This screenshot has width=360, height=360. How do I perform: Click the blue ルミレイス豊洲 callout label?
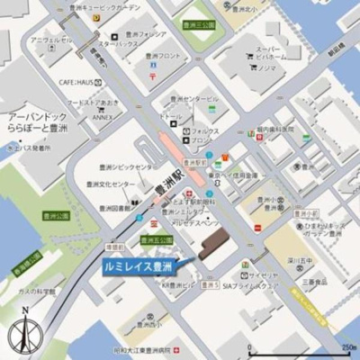(x=137, y=266)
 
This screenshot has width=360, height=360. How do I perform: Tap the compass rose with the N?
(x=23, y=333)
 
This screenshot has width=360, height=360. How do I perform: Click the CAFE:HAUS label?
(x=77, y=80)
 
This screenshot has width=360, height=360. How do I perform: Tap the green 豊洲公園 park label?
(x=58, y=217)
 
